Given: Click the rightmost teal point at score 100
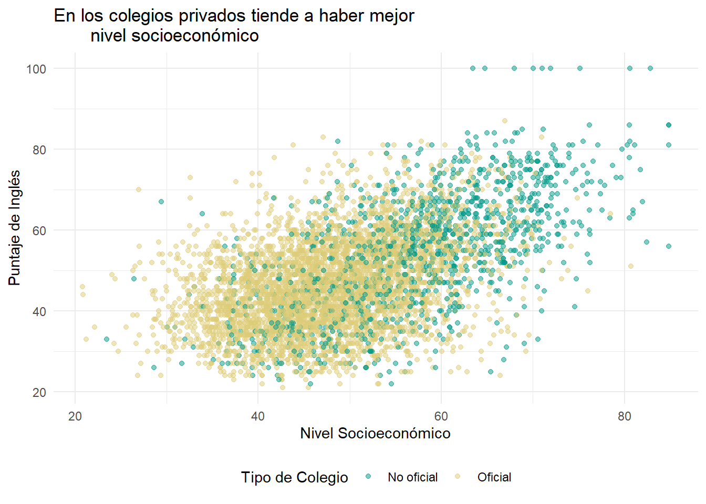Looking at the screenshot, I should (x=650, y=68).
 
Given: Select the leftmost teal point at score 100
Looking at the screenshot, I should (x=472, y=68).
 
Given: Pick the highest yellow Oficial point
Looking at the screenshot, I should (x=505, y=121).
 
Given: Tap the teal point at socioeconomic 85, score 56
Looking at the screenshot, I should (x=669, y=246).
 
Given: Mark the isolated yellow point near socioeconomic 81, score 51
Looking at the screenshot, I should (x=631, y=266).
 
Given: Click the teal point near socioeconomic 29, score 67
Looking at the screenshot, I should (x=161, y=202).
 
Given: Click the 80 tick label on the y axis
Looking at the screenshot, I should (x=39, y=150).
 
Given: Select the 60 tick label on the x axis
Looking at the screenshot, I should (x=441, y=416).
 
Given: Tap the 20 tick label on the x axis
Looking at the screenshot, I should (x=75, y=416).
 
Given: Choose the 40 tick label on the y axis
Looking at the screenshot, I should (x=39, y=311).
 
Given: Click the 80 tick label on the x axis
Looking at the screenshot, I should (x=624, y=416).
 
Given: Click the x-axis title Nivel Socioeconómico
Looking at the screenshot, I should (x=375, y=433).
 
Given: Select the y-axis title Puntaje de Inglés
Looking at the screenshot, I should (x=15, y=228).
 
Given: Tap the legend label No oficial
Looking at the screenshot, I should (x=412, y=477).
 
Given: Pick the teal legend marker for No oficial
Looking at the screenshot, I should (x=368, y=477).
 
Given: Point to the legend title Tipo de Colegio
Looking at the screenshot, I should (x=294, y=477).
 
